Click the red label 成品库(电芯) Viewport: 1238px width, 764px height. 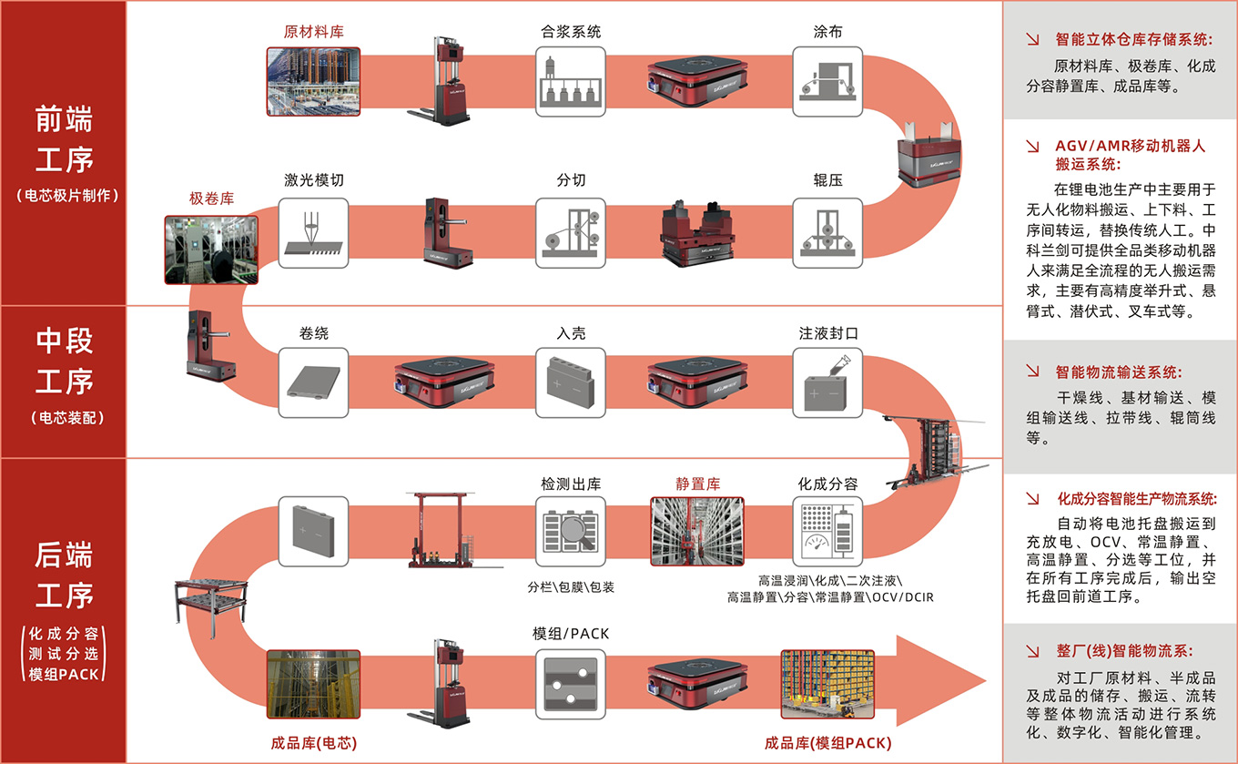click(314, 743)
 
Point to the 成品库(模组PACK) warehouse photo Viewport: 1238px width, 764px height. click(827, 684)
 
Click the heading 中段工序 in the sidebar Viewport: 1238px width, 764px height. click(64, 362)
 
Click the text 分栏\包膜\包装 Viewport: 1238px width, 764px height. click(571, 587)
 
